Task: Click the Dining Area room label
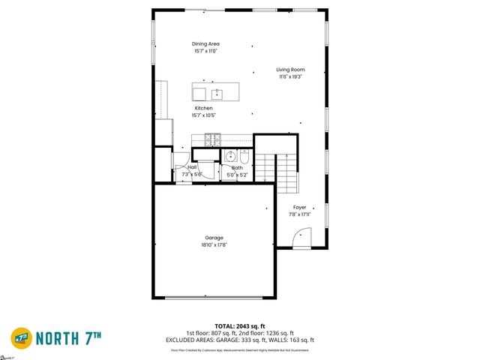[206, 44]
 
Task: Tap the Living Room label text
[290, 70]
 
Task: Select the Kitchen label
[204, 109]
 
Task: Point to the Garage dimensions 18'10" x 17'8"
[214, 244]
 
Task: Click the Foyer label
[299, 207]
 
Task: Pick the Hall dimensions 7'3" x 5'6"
[193, 174]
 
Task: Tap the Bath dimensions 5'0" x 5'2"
[237, 175]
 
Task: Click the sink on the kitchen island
[217, 94]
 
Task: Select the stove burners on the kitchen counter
[213, 139]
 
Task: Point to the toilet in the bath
[246, 157]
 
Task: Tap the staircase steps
[287, 173]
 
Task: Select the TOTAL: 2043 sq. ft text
[239, 327]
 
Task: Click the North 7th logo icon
[21, 337]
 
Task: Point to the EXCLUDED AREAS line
[239, 341]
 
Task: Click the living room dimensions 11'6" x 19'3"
[290, 76]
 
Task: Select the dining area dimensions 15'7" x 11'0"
[206, 52]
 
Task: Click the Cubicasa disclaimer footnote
[239, 349]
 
